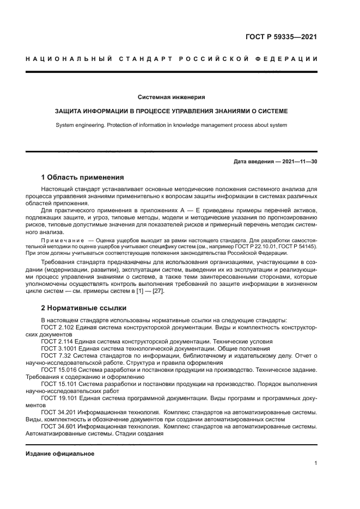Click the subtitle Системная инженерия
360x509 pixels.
(x=171, y=97)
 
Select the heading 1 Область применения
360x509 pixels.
(x=82, y=177)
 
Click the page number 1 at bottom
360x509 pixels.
(x=316, y=463)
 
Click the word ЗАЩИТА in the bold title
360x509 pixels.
(x=69, y=111)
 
